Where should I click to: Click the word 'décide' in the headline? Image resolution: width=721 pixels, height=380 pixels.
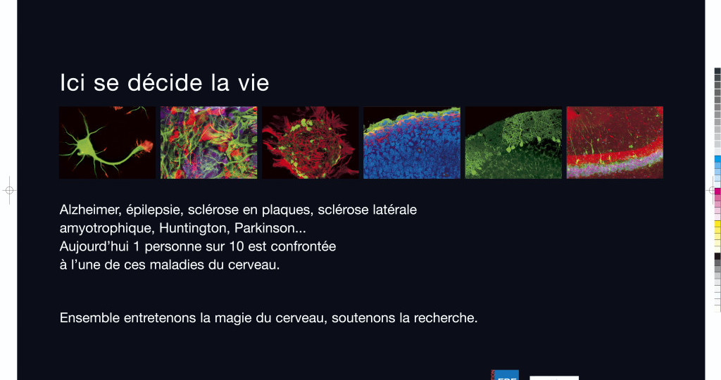[165, 83]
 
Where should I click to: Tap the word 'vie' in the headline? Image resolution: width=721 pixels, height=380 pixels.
[253, 83]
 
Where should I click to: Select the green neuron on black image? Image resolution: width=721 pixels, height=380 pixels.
[108, 142]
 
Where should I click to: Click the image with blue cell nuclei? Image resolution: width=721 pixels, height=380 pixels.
[411, 142]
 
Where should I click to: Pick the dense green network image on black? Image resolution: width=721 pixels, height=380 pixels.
[513, 142]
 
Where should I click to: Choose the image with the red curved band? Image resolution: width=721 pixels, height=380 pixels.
[615, 142]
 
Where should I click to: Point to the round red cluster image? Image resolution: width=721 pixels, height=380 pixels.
[311, 142]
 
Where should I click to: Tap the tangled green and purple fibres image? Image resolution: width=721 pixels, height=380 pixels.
[208, 142]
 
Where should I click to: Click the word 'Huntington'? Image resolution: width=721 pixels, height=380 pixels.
[194, 229]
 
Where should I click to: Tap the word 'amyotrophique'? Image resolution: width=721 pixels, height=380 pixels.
[107, 229]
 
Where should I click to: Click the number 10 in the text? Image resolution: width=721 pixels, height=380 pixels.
[237, 247]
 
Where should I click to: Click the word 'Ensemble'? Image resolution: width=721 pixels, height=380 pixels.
[89, 318]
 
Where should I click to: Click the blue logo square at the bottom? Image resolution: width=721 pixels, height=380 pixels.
[506, 375]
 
